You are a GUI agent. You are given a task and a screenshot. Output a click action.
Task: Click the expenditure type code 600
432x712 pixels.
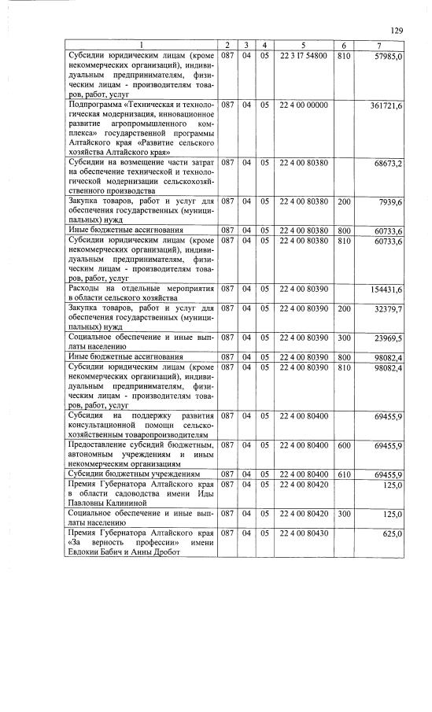pyautogui.click(x=343, y=446)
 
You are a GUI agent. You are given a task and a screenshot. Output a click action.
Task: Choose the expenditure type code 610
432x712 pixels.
pyautogui.click(x=343, y=475)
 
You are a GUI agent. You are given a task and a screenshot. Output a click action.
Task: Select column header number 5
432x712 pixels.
pyautogui.click(x=302, y=45)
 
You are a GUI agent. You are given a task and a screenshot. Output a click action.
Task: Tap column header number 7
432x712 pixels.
pyautogui.click(x=380, y=45)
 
